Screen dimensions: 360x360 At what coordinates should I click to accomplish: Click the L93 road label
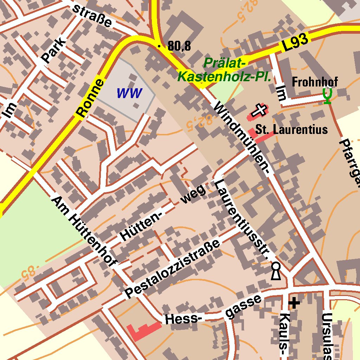pos(295,43)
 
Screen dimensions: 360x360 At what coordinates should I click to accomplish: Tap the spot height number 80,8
pos(179,46)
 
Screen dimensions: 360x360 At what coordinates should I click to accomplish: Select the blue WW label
pos(129,94)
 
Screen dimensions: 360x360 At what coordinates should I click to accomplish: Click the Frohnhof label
pos(315,82)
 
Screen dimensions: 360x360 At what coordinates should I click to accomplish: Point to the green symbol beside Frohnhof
pos(328,96)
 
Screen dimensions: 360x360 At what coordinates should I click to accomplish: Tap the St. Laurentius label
pos(291,129)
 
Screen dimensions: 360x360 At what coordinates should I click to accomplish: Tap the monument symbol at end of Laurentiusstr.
pos(276,271)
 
